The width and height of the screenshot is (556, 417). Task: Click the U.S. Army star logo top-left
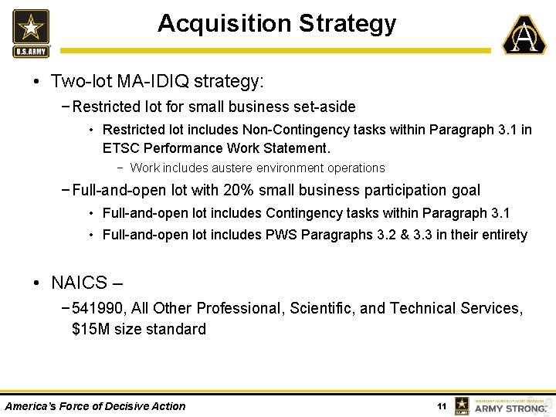(31, 32)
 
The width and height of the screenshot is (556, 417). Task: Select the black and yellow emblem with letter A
(524, 35)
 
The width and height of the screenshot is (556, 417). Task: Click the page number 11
(442, 406)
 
